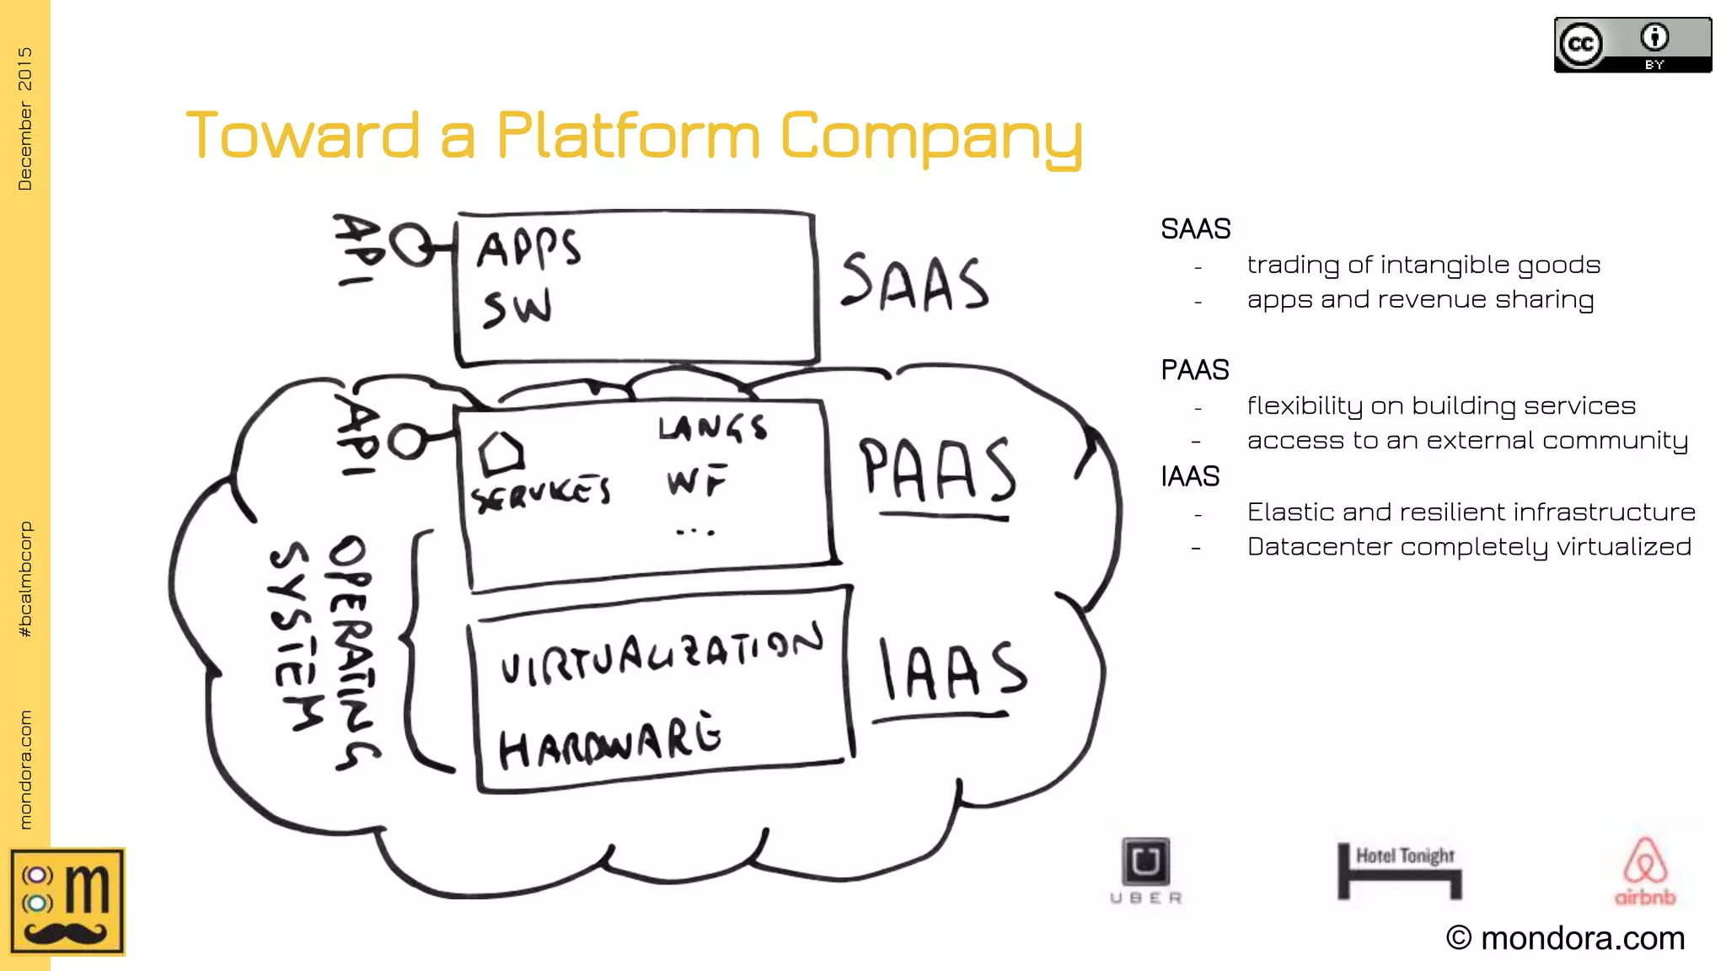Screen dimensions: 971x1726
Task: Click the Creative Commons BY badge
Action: coord(1632,46)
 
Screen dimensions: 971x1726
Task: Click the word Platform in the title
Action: coord(628,136)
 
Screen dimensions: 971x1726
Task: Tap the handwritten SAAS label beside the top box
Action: coord(914,282)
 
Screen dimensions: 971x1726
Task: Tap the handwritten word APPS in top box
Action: coord(528,249)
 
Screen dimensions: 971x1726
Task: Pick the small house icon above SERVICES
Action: coord(501,454)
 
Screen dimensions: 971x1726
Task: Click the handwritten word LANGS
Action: coord(712,428)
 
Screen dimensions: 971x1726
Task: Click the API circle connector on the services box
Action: coord(407,441)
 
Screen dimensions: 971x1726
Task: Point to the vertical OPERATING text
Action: coord(352,653)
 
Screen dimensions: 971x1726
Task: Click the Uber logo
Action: coord(1146,871)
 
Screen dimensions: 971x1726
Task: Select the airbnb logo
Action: coord(1644,871)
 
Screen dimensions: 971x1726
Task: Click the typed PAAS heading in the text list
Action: coord(1194,370)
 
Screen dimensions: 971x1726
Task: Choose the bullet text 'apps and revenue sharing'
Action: coord(1420,300)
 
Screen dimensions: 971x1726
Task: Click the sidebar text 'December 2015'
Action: coord(24,118)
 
